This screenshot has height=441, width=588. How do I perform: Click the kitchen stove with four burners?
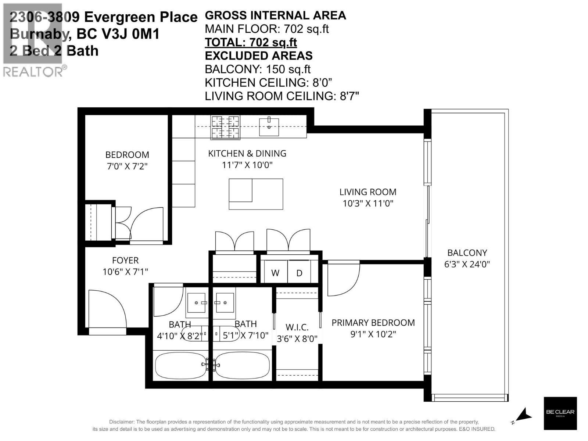coord(225,127)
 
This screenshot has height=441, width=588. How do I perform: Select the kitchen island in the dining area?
coord(256,194)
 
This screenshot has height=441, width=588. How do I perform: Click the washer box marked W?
coord(275,273)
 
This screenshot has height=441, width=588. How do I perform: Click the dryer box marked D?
coord(299,273)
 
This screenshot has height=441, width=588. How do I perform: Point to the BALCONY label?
coord(467,253)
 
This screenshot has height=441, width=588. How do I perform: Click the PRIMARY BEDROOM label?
coord(373,323)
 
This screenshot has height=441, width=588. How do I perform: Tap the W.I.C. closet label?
coord(297,327)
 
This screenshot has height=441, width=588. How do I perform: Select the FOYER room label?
coord(125,261)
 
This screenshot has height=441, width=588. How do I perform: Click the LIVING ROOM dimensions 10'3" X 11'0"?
coord(368,203)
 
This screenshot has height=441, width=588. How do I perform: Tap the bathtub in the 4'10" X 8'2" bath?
coord(180,365)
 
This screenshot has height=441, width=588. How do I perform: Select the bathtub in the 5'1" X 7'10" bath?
coord(243,365)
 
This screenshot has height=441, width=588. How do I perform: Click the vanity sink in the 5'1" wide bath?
coord(225,303)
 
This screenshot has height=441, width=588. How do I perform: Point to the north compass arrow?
coord(523,415)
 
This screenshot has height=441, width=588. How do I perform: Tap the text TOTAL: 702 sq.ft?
coord(251,42)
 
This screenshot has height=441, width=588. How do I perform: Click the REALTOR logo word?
coord(33,71)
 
